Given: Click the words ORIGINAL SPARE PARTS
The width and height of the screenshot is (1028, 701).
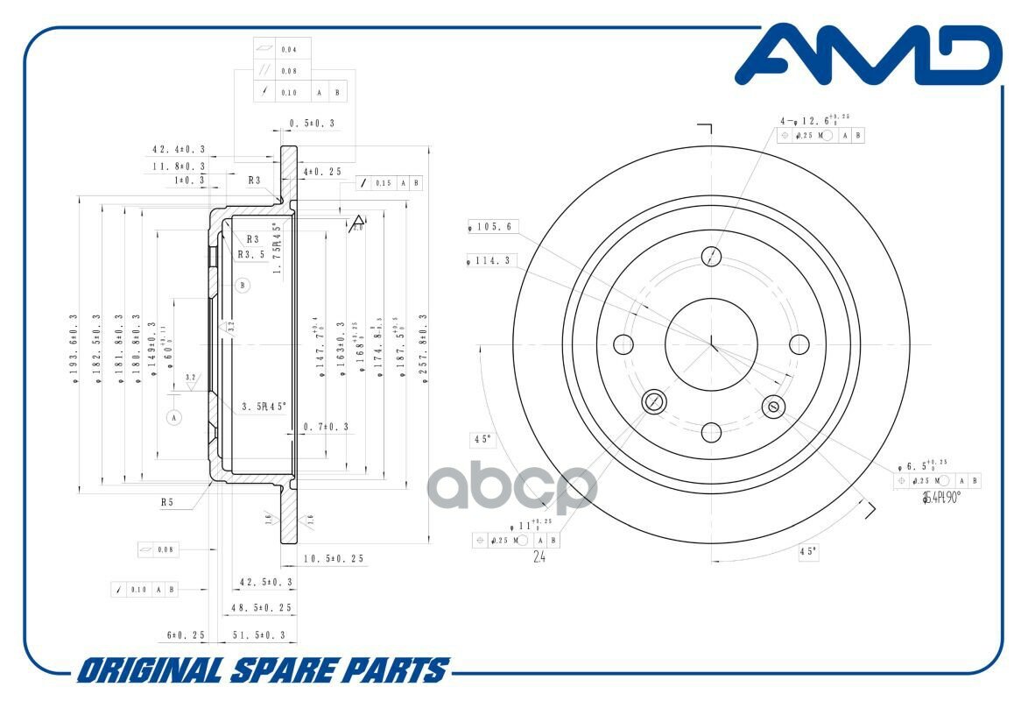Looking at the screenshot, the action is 262,671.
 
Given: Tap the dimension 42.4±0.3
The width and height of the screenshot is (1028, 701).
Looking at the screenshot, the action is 179,150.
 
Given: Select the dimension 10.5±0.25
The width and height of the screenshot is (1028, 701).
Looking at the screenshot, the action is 334,558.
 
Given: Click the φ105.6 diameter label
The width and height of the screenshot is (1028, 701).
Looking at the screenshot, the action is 494,227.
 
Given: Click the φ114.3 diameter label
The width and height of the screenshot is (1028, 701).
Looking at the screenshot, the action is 494,259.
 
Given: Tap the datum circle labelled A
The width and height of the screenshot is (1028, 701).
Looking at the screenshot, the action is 174,417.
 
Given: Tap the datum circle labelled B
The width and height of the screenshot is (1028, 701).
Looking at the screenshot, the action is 243,285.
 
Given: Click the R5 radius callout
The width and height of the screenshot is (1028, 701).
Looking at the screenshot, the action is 166,503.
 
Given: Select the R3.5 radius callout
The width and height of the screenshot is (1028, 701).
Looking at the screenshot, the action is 251,254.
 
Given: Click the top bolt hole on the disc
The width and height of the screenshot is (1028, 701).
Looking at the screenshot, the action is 712,256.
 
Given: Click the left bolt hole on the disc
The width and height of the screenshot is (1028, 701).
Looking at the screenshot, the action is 623,343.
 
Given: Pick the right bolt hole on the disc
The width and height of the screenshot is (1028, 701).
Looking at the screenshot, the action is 799,343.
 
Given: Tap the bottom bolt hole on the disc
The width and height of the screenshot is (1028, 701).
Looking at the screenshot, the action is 711,431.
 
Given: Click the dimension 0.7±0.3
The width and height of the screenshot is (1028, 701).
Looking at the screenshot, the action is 326,427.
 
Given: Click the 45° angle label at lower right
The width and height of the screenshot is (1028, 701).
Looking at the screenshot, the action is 807,551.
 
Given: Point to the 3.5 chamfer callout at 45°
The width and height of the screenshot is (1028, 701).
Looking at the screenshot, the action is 264,406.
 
